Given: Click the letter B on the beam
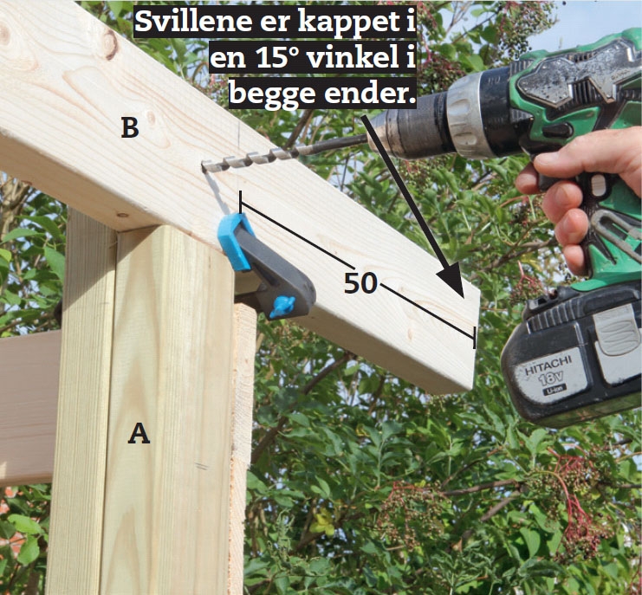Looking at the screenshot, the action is tap(130, 127).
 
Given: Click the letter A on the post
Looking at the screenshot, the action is tap(139, 434).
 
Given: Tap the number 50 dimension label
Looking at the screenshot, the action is tap(360, 282).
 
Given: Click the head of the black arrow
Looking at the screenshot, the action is tap(451, 281).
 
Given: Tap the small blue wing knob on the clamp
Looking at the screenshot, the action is tap(283, 305).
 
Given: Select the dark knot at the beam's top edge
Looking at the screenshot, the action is tap(110, 43).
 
